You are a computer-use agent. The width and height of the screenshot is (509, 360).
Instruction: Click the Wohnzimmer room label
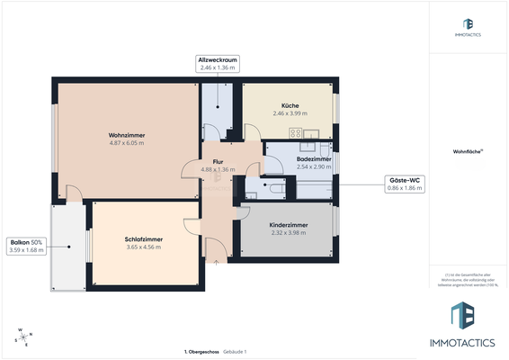click(x=127, y=135)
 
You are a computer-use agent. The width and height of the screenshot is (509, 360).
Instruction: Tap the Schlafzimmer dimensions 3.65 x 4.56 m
click(x=143, y=247)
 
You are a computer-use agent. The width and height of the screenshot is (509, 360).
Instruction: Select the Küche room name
click(x=290, y=105)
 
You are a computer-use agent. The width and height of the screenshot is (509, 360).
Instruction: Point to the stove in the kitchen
click(x=296, y=133)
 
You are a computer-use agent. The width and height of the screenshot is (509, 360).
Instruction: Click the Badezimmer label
click(x=314, y=158)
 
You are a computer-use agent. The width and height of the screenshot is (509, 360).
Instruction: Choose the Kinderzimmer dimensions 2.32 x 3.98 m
click(x=289, y=232)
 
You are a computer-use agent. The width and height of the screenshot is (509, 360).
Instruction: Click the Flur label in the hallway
click(x=218, y=161)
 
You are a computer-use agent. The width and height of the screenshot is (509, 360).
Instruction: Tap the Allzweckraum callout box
click(x=218, y=63)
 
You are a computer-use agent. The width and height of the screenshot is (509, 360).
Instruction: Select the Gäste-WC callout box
click(x=404, y=184)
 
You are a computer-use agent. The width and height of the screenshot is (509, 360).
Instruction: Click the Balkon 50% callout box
click(x=26, y=246)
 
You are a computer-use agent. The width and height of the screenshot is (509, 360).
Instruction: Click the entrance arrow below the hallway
click(x=218, y=263)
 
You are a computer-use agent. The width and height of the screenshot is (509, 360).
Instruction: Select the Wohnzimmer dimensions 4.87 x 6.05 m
click(x=127, y=143)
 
